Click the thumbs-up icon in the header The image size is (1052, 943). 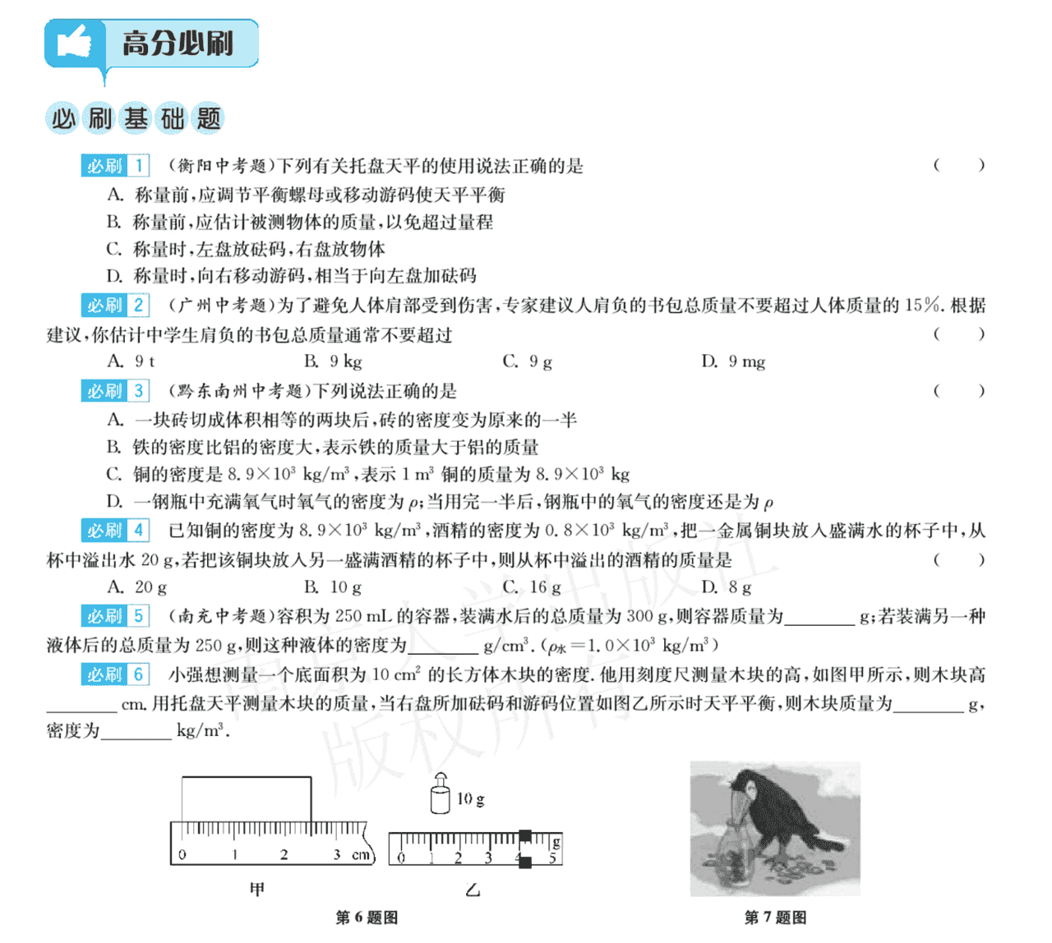74,43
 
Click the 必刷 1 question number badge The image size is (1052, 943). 115,165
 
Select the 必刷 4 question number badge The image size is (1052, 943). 115,530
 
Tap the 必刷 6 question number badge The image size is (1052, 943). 115,674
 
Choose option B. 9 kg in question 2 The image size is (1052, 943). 333,361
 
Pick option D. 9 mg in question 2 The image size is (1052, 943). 733,361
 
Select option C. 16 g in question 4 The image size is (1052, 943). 532,587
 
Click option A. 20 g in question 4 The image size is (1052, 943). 137,587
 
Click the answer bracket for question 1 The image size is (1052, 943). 958,165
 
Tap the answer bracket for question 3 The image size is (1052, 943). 958,390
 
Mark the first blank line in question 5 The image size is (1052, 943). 819,618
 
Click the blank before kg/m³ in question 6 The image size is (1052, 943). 136,732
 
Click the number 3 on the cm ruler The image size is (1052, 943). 336,855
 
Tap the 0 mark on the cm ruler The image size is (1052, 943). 182,855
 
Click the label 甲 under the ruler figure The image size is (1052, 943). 257,890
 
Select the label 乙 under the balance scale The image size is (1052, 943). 473,890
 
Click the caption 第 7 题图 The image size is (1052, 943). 775,918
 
